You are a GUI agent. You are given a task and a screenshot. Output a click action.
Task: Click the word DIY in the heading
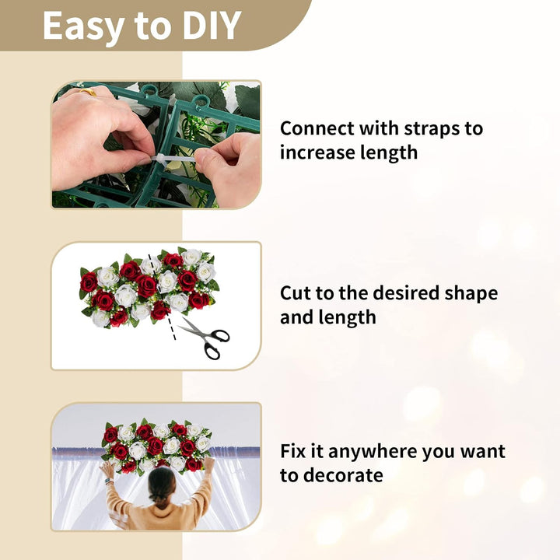tap(211, 25)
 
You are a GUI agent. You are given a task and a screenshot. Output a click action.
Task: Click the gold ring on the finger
tap(88, 92)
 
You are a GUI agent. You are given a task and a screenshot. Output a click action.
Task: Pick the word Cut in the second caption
tap(294, 293)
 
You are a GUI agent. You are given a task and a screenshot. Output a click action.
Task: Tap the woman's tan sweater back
tap(162, 516)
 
